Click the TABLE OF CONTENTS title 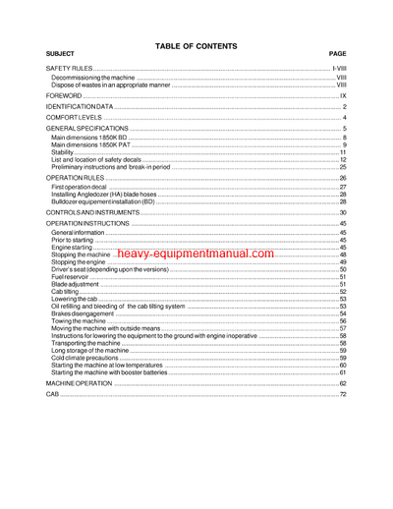point(196,45)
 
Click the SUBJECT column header point(61,54)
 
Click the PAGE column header point(338,54)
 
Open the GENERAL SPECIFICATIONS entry point(87,130)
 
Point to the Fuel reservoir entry point(68,277)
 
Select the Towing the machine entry point(77,321)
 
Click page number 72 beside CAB point(343,394)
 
